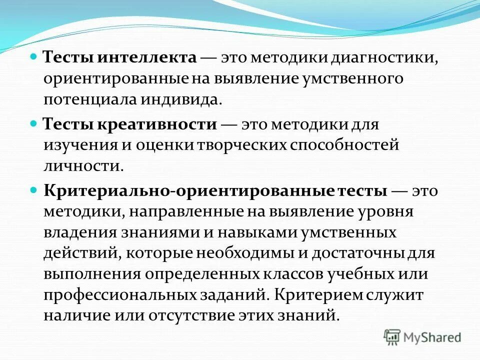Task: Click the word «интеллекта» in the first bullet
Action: tap(147, 57)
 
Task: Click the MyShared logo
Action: tap(422, 337)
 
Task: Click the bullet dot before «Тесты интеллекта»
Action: tap(34, 57)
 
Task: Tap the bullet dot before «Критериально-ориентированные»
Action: tap(34, 191)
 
